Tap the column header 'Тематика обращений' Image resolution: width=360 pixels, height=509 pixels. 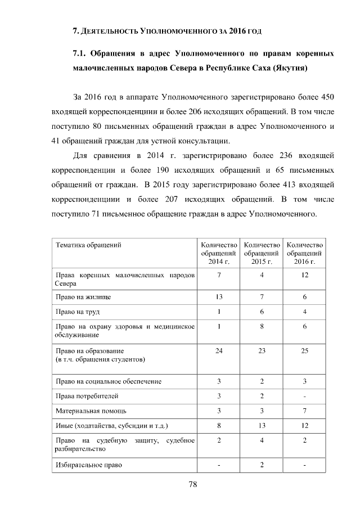[x=88, y=245]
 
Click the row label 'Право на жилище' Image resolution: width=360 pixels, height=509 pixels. [x=82, y=296]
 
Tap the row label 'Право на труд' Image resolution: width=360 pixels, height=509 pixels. [x=78, y=312]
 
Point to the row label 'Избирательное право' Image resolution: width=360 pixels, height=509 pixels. [x=89, y=465]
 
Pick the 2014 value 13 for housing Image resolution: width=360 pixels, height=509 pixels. [x=219, y=296]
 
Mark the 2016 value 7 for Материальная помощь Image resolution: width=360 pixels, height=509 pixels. [x=304, y=411]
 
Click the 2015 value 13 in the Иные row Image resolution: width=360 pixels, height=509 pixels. [x=262, y=425]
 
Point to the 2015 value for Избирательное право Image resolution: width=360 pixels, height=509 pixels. [x=262, y=465]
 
